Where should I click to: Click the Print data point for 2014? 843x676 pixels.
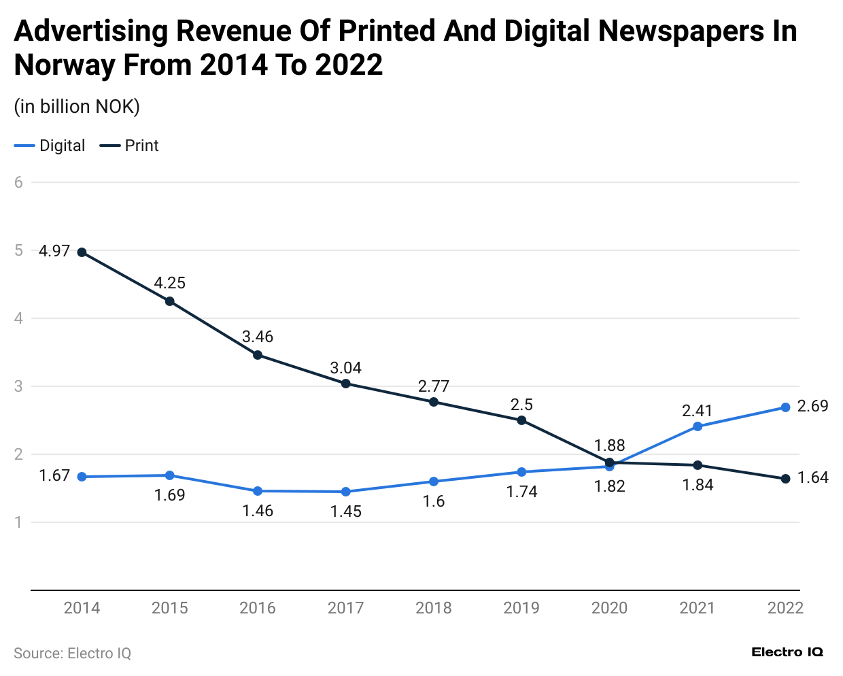pyautogui.click(x=82, y=252)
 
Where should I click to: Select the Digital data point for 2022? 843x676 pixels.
pyautogui.click(x=785, y=407)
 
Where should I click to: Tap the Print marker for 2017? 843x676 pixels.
pyautogui.click(x=345, y=384)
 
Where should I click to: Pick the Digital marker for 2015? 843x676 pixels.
pyautogui.click(x=170, y=475)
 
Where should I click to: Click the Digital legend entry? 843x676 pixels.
pyautogui.click(x=50, y=146)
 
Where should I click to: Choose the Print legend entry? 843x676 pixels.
pyautogui.click(x=130, y=146)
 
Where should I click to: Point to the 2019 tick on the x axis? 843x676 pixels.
pyautogui.click(x=521, y=608)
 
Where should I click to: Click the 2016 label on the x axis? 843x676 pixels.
pyautogui.click(x=258, y=608)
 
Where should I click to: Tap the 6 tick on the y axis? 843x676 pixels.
pyautogui.click(x=19, y=182)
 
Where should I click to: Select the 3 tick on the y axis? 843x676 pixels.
pyautogui.click(x=19, y=386)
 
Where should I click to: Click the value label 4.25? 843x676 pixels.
pyautogui.click(x=169, y=283)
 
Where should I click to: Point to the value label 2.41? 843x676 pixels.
pyautogui.click(x=697, y=411)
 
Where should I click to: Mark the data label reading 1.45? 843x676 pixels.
pyautogui.click(x=345, y=511)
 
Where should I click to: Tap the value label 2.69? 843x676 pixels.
pyautogui.click(x=812, y=406)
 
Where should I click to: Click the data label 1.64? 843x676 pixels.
pyautogui.click(x=812, y=477)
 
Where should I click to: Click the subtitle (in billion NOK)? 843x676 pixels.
pyautogui.click(x=77, y=107)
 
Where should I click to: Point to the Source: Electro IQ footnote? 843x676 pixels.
pyautogui.click(x=72, y=654)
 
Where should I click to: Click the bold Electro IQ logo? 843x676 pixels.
pyautogui.click(x=787, y=652)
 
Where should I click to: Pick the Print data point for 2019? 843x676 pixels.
pyautogui.click(x=521, y=420)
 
